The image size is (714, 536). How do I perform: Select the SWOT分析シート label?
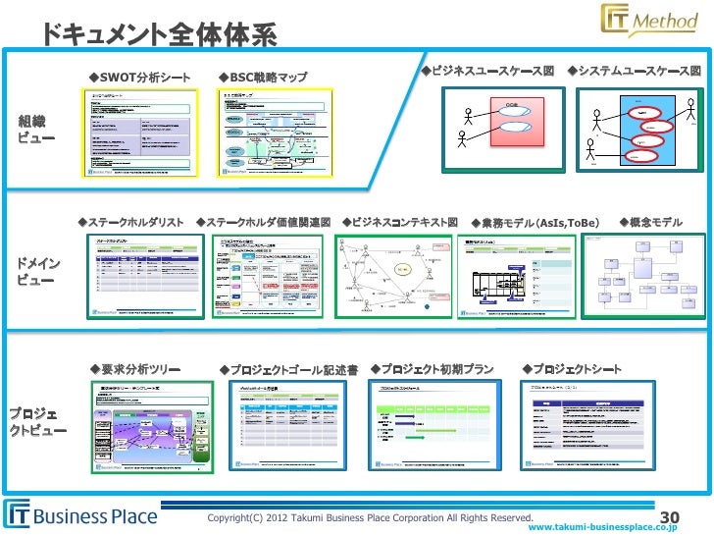139,77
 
